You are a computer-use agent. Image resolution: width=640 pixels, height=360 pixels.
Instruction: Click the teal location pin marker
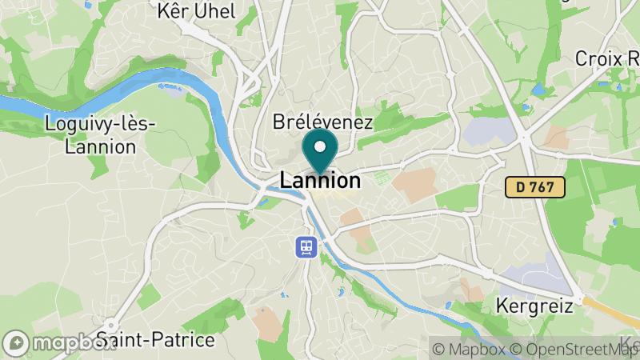[320, 152]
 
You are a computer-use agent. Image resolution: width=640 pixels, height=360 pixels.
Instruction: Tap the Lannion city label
[320, 182]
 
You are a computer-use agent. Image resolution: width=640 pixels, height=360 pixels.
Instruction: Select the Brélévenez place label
[323, 122]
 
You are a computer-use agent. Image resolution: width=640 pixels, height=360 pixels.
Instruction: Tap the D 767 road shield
[535, 188]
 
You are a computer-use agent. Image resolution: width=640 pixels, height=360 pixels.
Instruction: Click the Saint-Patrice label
[155, 339]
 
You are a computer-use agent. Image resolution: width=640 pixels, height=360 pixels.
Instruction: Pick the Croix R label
[607, 58]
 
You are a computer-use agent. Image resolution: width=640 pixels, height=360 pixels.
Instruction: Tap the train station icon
[306, 246]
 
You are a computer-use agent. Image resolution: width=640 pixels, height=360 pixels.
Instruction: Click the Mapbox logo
[59, 342]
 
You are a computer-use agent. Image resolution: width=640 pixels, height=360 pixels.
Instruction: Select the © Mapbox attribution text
[468, 349]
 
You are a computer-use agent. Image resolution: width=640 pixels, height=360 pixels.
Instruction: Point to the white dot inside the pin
[320, 146]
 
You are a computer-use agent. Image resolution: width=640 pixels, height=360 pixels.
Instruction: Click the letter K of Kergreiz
[501, 305]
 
